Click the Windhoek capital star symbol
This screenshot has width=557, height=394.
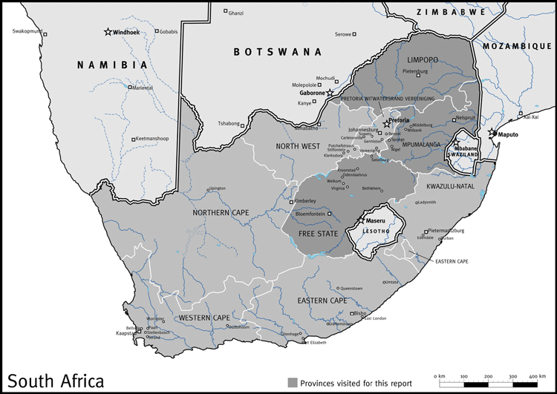click(108, 32)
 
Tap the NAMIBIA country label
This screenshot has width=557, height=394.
click(113, 65)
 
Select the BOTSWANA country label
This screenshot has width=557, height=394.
click(278, 52)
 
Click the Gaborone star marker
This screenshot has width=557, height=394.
click(330, 93)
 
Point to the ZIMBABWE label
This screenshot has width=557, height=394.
click(452, 12)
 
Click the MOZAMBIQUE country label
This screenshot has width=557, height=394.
click(518, 46)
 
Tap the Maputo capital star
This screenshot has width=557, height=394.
click(492, 133)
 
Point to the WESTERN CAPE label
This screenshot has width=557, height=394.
click(204, 318)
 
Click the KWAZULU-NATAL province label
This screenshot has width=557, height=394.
click(450, 185)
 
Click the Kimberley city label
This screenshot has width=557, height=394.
click(304, 201)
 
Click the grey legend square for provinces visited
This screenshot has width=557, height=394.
click(293, 382)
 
